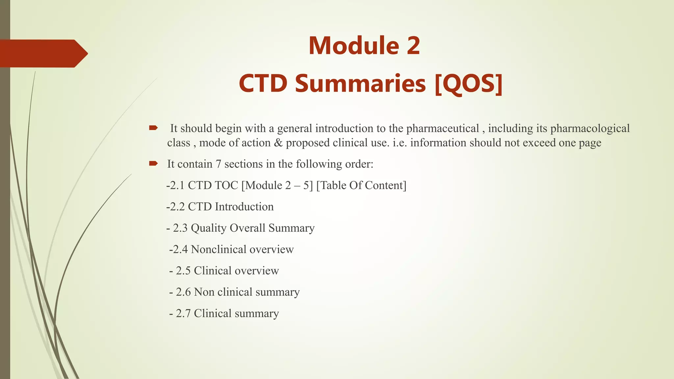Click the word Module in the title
[353, 45]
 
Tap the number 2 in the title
[413, 45]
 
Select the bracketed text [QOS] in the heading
[469, 84]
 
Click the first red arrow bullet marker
[153, 128]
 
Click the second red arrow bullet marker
[153, 164]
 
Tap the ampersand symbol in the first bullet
[278, 143]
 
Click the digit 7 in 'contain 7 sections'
[218, 164]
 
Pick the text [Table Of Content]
[361, 185]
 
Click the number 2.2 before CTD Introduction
[177, 207]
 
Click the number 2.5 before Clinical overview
[183, 271]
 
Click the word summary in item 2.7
[257, 314]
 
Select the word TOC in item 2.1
[226, 185]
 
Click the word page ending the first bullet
[590, 143]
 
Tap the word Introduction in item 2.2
[244, 207]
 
